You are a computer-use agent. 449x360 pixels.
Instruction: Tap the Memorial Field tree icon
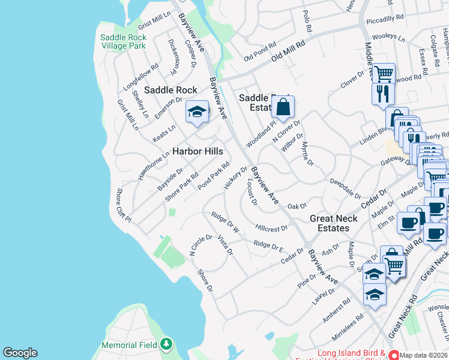tap(167, 344)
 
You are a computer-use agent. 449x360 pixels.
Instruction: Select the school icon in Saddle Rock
tap(196, 112)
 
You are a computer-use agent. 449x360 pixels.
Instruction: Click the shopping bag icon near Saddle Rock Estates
tap(283, 107)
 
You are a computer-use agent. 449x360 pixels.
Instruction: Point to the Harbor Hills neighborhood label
tap(198, 152)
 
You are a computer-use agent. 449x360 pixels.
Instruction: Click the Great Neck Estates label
tap(333, 223)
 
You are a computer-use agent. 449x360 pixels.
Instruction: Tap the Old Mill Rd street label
tap(288, 50)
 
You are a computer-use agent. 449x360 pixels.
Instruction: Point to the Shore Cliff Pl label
tap(122, 205)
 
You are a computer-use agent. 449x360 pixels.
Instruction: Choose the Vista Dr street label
tap(225, 245)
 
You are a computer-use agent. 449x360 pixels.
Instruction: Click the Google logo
tap(20, 353)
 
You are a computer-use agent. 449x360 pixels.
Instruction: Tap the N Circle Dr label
tap(201, 245)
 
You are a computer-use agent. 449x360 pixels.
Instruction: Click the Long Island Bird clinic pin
tap(393, 354)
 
